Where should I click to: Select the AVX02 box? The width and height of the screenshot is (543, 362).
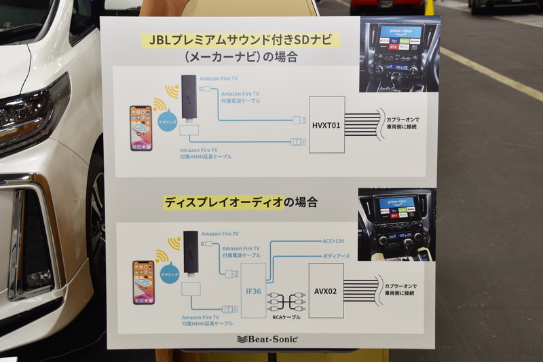(326, 290)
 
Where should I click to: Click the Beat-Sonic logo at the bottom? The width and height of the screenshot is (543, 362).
(267, 338)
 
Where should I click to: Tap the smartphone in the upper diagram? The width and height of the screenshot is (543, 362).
(141, 128)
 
